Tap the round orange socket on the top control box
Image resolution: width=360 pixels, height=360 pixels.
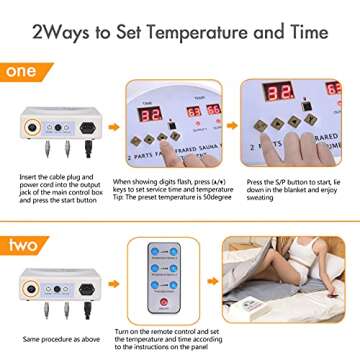(x=37, y=129)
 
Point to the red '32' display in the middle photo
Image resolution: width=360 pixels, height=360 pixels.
(x=149, y=115)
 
